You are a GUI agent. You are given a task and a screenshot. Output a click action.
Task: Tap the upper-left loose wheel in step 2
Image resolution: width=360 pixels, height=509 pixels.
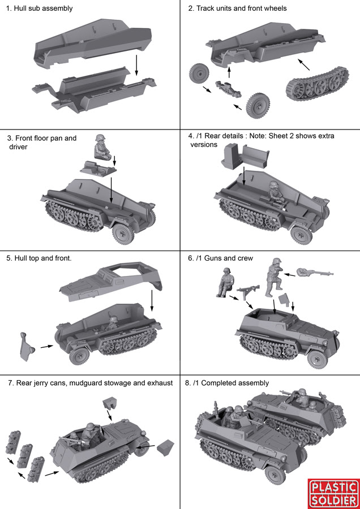click(x=200, y=74)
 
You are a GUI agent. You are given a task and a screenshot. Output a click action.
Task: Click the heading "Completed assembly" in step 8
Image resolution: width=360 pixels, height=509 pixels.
click(x=237, y=383)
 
